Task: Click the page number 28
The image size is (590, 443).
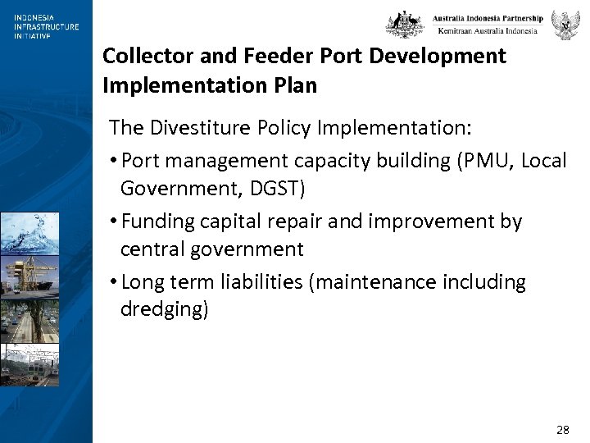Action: click(x=562, y=430)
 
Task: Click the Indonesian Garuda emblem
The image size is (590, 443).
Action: click(x=565, y=25)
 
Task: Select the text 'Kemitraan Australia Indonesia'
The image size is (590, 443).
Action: click(x=488, y=31)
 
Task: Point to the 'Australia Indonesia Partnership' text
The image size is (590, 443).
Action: click(x=488, y=18)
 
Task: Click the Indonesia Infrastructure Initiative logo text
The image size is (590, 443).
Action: click(x=46, y=26)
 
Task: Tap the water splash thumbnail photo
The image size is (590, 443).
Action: click(x=29, y=232)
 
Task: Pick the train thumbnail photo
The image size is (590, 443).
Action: click(x=29, y=364)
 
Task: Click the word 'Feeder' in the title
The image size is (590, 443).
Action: click(x=266, y=57)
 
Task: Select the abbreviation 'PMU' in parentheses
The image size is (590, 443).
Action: click(x=466, y=161)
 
